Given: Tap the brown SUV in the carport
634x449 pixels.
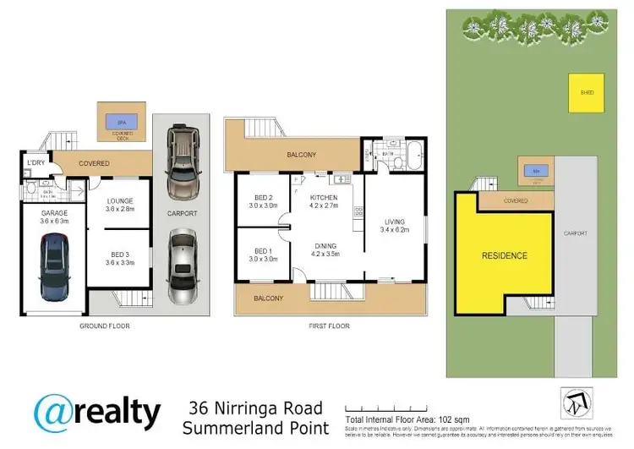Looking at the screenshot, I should (x=183, y=162).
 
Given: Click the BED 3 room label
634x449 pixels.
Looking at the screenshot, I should (x=121, y=257).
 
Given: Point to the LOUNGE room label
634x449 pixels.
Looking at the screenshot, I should (x=121, y=204).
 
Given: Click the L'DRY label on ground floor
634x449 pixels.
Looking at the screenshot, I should (x=36, y=162).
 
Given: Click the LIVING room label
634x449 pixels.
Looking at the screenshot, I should (x=394, y=222).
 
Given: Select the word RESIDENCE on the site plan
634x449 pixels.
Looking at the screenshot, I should (x=505, y=255).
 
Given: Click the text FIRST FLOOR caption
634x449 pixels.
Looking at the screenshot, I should (x=325, y=326).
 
